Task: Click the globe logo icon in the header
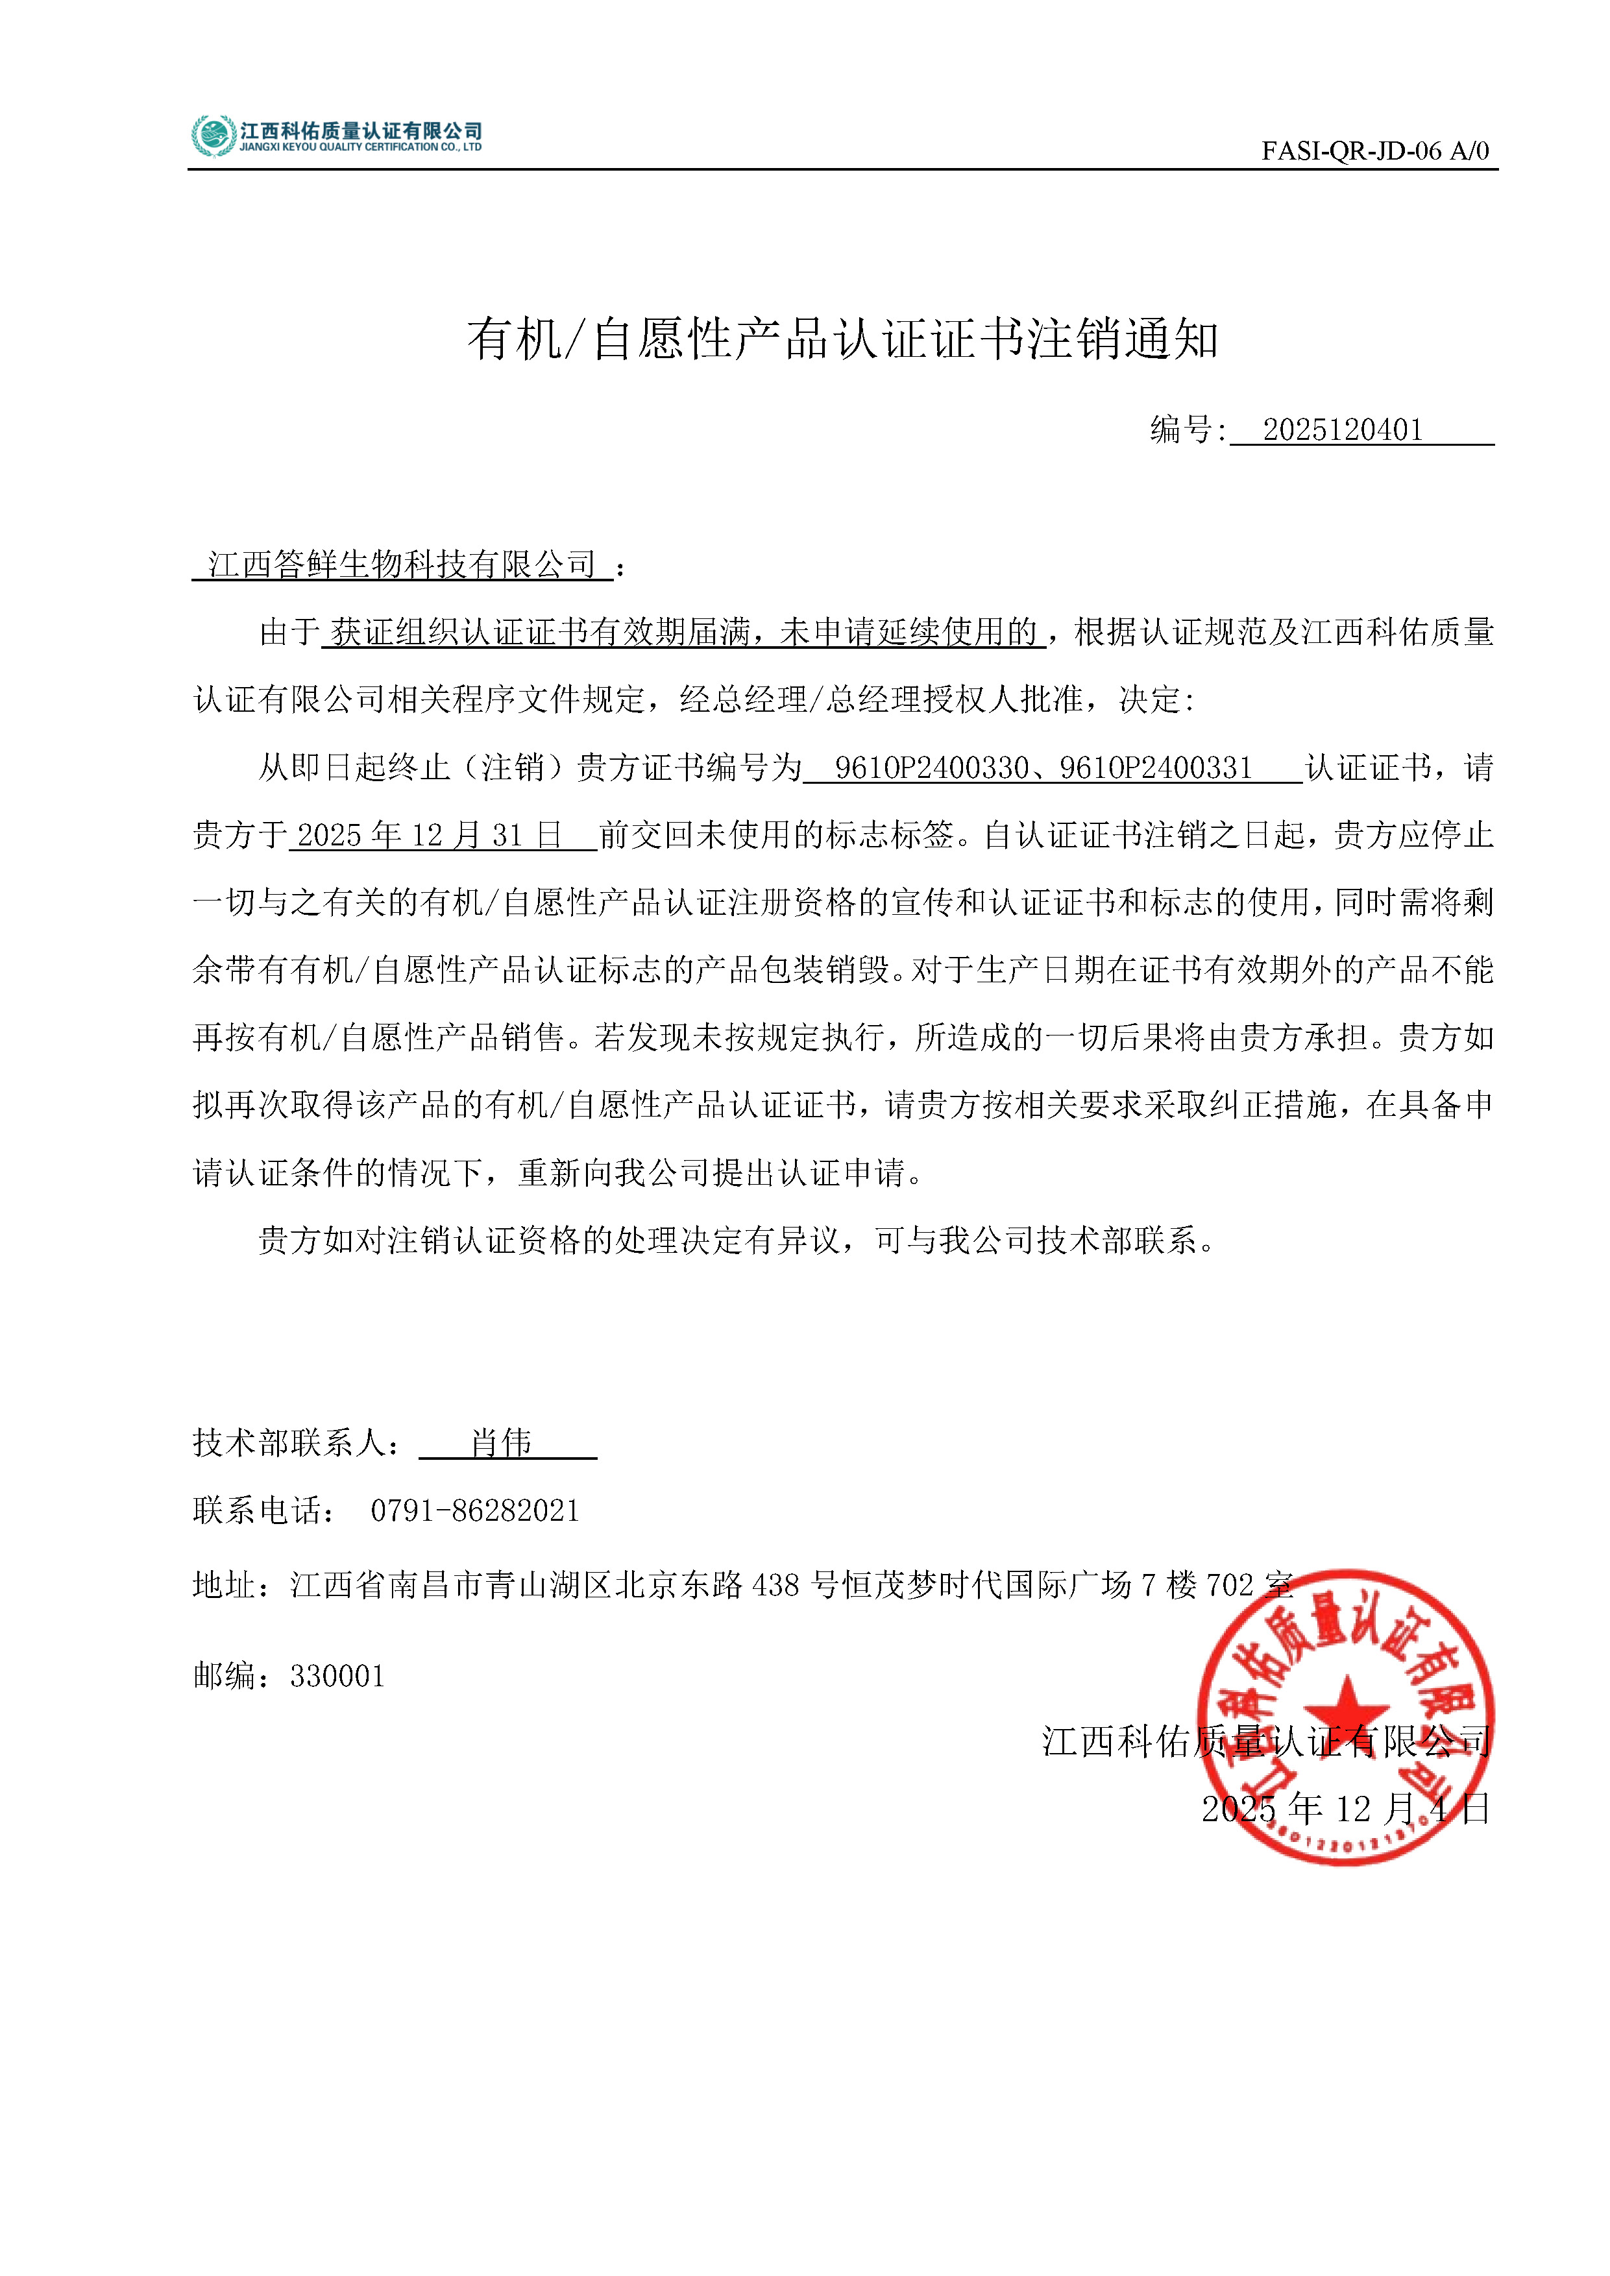[x=212, y=136]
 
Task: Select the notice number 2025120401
[x=1343, y=430]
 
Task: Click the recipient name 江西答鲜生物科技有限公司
[x=402, y=565]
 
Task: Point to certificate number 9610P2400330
[x=931, y=768]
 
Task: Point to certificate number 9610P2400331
[x=1156, y=768]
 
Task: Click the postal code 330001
[x=337, y=1677]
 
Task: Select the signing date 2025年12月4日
[x=1345, y=1809]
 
